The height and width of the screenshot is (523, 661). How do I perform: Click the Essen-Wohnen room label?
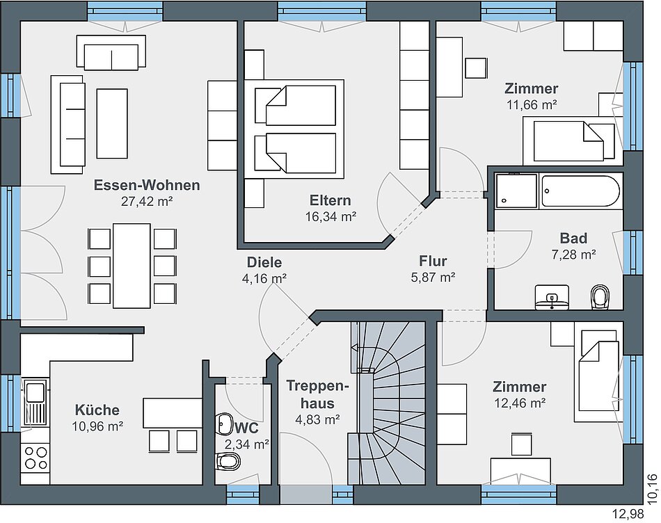[147, 185]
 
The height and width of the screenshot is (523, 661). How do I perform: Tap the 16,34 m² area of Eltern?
[330, 216]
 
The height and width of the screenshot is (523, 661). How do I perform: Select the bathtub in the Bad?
[580, 191]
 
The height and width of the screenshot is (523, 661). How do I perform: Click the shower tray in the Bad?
[516, 191]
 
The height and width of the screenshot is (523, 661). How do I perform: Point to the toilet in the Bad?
[600, 297]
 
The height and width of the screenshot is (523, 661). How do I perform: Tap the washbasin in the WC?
[224, 424]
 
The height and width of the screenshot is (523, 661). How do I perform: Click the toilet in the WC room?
[227, 462]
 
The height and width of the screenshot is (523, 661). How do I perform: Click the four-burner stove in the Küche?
[35, 458]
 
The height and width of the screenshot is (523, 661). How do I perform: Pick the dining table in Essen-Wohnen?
[132, 266]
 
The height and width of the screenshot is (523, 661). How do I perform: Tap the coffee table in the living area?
[112, 124]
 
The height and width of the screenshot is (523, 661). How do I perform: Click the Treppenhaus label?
[318, 394]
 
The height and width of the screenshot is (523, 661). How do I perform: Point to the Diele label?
[264, 262]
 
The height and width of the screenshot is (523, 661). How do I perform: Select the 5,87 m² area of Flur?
[433, 277]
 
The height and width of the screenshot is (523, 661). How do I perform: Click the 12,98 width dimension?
[628, 514]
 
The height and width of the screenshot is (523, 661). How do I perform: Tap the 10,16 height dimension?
[652, 489]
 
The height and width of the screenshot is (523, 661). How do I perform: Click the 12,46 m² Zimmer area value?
[520, 403]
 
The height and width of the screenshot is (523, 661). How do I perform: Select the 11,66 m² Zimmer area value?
[532, 104]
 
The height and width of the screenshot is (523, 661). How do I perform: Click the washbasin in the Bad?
[552, 298]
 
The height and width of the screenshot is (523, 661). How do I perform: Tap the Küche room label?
[97, 410]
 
